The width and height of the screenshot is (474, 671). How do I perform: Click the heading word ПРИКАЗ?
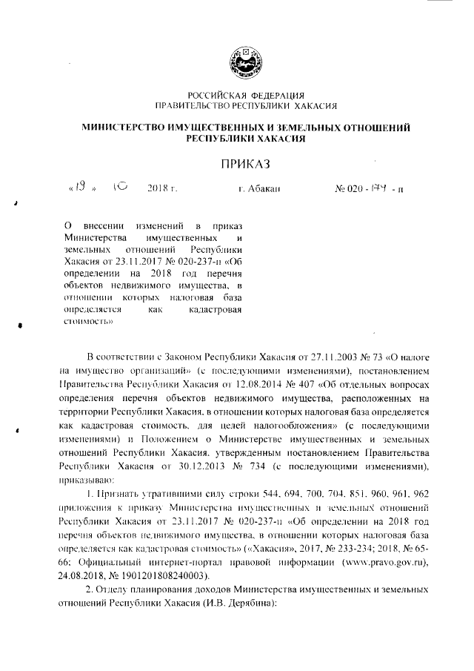point(245,162)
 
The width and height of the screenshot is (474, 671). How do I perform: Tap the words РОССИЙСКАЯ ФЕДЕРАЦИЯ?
point(245,94)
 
